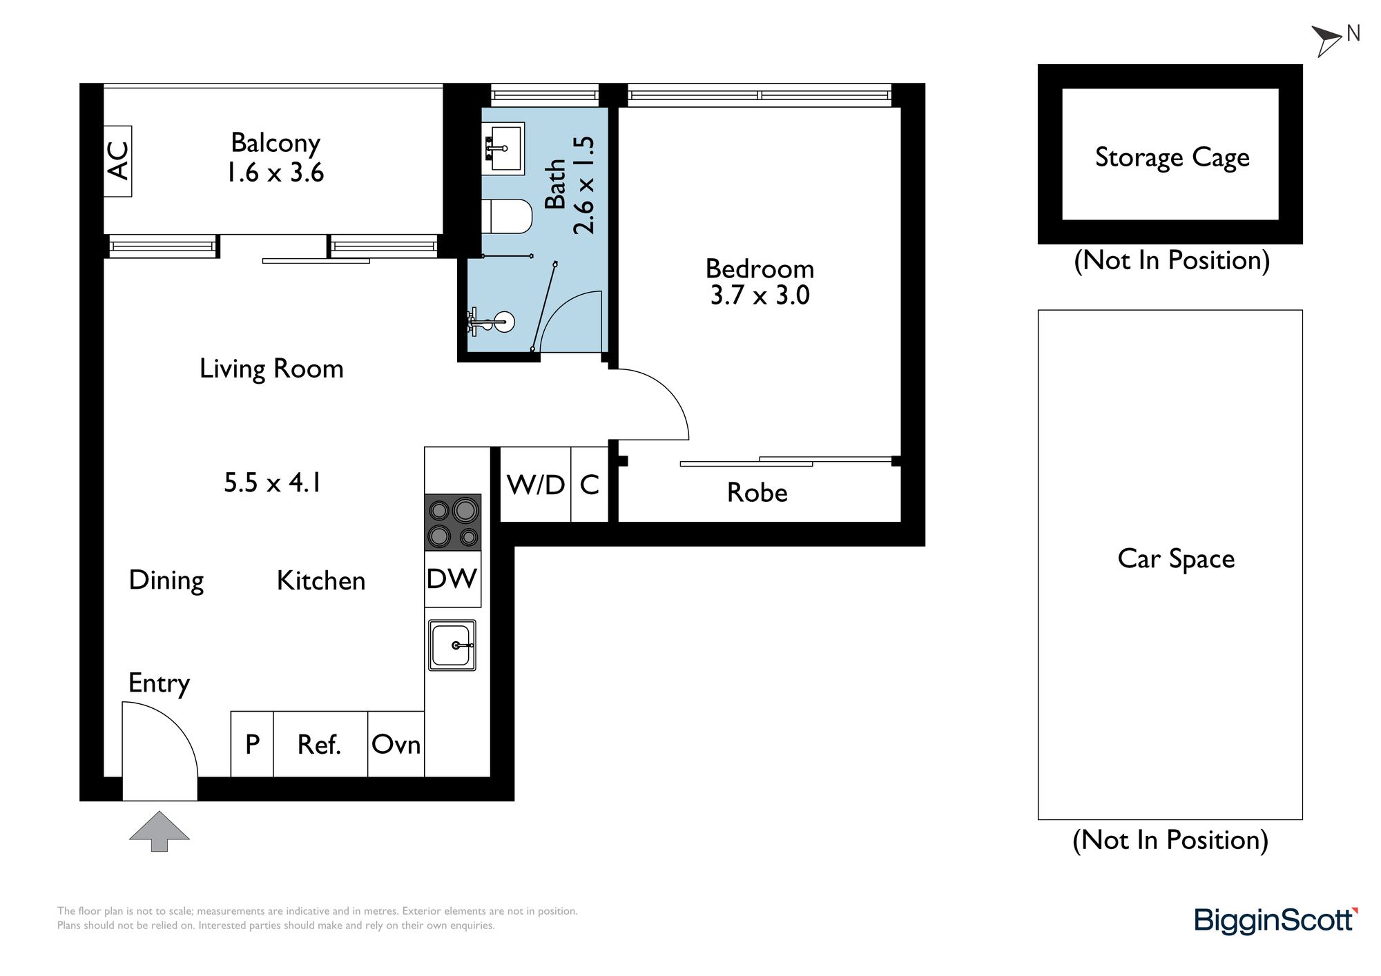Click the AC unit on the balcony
(x=117, y=161)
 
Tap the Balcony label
(x=276, y=144)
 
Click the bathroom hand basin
(x=503, y=148)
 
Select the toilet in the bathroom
(x=507, y=217)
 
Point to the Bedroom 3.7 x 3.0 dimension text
(x=760, y=295)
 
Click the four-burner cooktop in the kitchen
(x=453, y=523)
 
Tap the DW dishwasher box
(x=453, y=579)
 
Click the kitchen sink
(x=452, y=645)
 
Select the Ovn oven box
(x=396, y=744)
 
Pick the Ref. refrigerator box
(x=320, y=744)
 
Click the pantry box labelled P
(x=252, y=744)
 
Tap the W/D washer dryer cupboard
(x=536, y=485)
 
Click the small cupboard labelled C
(x=590, y=485)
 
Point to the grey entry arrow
(x=160, y=831)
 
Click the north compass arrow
(x=1326, y=40)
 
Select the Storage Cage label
(x=1172, y=157)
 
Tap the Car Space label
(x=1176, y=559)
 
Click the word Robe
(x=757, y=493)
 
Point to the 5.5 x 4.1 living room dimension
(x=272, y=482)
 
